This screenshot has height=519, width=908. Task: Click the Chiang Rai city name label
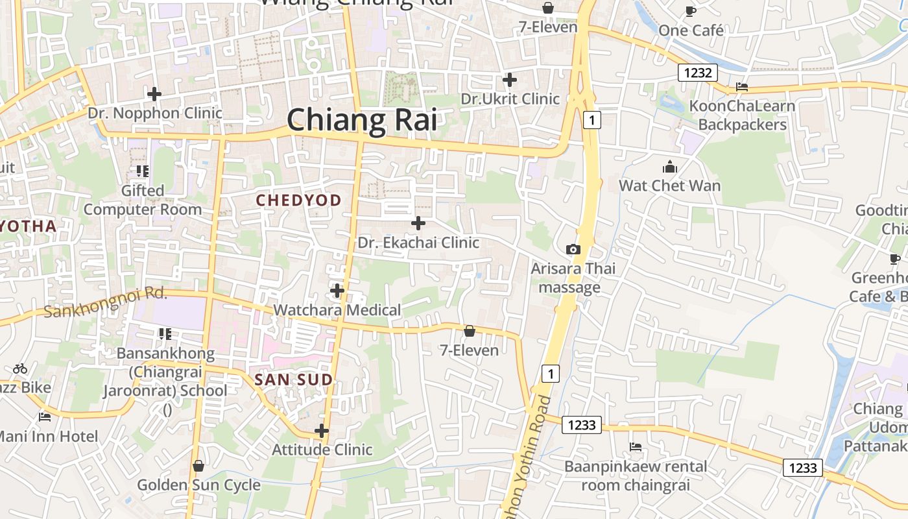361,121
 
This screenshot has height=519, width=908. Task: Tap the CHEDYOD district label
298,200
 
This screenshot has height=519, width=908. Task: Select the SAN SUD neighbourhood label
294,380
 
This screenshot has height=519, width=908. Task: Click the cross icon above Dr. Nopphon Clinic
154,94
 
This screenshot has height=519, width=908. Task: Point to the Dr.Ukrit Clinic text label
510,99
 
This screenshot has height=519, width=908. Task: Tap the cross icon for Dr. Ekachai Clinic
418,223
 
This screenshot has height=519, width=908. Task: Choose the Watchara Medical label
337,310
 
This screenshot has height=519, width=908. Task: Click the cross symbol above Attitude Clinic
322,431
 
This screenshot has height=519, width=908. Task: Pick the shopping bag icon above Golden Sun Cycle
198,466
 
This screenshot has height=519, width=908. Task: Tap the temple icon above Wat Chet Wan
670,167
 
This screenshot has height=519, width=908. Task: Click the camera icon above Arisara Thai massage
573,249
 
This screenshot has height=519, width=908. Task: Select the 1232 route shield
697,73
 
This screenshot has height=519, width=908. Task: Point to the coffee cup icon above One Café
691,11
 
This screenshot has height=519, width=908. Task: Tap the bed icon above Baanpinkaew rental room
636,447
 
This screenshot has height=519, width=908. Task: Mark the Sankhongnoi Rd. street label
106,303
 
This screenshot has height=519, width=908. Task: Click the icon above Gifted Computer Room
143,171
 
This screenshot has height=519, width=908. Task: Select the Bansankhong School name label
165,372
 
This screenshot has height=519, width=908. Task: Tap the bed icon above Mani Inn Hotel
44,417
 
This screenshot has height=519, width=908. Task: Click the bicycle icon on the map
20,368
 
